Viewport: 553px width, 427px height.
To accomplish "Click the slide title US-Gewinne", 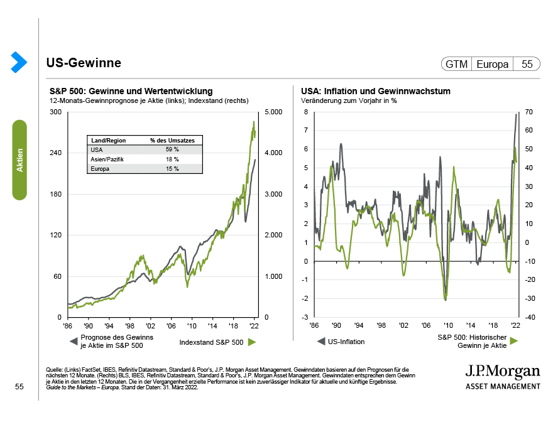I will point(84,63).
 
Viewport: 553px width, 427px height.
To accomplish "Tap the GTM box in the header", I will point(456,64).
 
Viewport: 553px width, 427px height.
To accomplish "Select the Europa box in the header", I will point(493,64).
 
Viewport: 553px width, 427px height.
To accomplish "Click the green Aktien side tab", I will point(20,160).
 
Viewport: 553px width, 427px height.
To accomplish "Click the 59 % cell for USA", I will point(172,149).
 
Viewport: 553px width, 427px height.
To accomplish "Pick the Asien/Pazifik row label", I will point(108,159).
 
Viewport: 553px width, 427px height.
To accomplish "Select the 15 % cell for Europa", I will point(172,169).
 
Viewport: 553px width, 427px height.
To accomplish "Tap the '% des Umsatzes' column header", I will point(172,140).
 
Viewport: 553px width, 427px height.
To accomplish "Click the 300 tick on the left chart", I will point(55,112).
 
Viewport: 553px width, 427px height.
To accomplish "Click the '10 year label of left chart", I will point(191,327).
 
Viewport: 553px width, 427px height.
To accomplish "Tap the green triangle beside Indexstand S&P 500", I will point(252,342).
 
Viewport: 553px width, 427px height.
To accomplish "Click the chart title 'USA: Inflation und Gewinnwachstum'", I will point(375,92).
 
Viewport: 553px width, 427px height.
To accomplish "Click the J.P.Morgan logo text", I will point(501,370).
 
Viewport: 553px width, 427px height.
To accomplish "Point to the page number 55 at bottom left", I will point(19,387).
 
